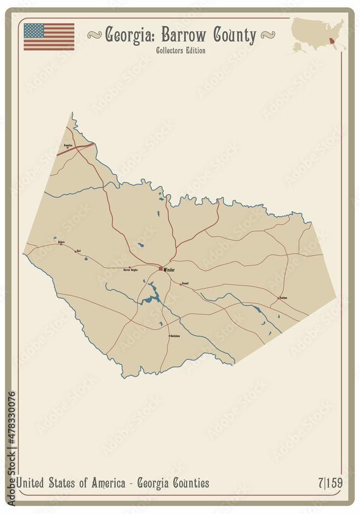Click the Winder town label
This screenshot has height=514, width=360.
169,270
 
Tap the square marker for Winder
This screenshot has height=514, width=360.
160,268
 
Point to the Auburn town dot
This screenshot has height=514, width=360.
61,244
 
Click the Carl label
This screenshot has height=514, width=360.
79,250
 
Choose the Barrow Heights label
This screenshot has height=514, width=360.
131,269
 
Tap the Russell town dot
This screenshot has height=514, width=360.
181,283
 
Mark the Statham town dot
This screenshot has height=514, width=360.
279,298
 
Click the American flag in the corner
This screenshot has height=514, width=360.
49,36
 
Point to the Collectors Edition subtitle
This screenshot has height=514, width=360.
181,50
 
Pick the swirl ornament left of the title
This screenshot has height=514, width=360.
94,34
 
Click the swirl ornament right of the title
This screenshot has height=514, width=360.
267,34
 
